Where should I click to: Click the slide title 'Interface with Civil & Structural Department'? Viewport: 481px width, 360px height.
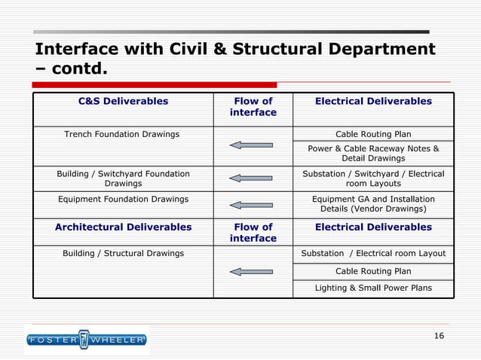coord(234,50)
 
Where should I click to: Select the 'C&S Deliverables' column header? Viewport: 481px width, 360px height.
coord(123,101)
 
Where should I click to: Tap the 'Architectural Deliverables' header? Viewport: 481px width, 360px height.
coord(123,227)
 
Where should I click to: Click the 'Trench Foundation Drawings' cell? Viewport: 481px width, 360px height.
coord(121,134)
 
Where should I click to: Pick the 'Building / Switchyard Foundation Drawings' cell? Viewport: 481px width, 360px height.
coord(123,178)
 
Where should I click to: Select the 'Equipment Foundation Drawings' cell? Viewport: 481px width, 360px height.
coord(123,199)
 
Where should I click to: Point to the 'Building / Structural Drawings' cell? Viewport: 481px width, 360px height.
coord(123,253)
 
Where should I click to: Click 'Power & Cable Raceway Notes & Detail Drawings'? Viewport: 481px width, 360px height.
coord(373,154)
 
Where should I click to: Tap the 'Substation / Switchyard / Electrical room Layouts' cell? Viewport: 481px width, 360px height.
coord(373,178)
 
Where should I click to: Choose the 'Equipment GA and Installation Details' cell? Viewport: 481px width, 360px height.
coord(373,203)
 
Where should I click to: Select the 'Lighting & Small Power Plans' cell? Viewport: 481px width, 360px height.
coord(373,288)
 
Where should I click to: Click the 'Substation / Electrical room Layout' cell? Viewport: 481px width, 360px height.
coord(373,253)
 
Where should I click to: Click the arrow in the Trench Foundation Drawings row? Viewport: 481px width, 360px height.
coord(250,145)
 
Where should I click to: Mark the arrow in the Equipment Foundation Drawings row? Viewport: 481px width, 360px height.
coord(250,204)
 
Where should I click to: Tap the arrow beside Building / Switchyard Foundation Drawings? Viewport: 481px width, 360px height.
coord(250,178)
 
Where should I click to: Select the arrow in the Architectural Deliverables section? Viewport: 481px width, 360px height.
coord(250,271)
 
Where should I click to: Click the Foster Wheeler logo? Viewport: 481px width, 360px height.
coord(86,340)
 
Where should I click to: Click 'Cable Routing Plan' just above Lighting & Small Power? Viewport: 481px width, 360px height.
coord(373,271)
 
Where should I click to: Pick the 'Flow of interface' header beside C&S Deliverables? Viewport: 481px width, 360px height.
coord(253,106)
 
